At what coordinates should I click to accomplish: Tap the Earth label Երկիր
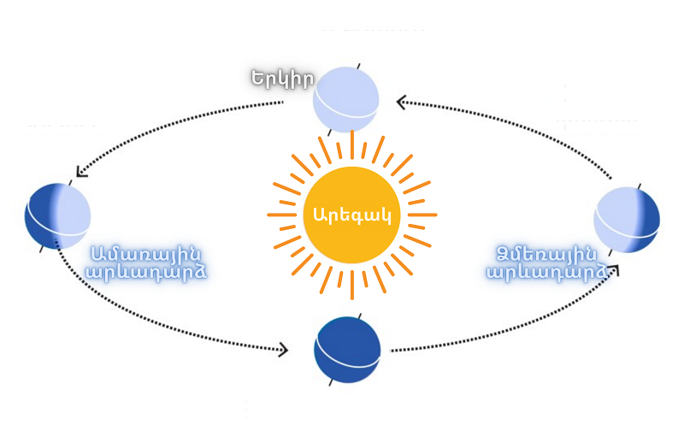282,78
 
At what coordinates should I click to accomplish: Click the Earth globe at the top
345,99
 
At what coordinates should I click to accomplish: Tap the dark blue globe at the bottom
346,351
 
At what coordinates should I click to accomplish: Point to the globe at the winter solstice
627,220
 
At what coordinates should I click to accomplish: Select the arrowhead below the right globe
613,269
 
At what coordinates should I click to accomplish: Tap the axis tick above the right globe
639,184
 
